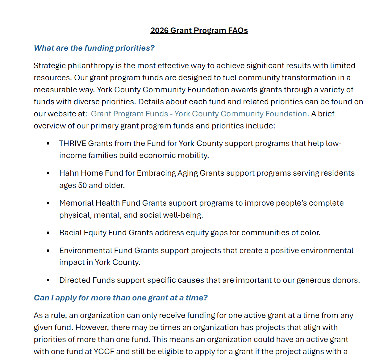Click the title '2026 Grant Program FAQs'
199,31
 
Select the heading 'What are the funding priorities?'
94,48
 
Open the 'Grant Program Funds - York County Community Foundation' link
199,114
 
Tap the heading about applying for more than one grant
120,298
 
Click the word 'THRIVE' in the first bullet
73,144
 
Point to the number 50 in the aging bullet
82,186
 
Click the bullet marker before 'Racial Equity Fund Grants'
48,233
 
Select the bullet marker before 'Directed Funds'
48,280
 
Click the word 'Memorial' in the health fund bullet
76,203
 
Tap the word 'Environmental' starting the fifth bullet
85,250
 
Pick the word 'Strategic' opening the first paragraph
49,66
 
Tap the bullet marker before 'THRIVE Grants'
48,144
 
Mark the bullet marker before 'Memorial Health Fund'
48,203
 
